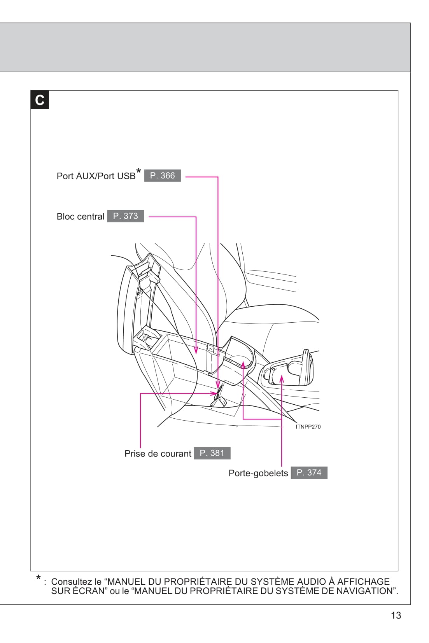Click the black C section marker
click(40, 100)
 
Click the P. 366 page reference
click(162, 176)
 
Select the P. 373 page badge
click(125, 216)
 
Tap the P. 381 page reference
click(212, 453)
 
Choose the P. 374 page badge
click(309, 473)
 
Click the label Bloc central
click(81, 217)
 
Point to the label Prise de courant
click(158, 454)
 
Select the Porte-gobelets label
click(258, 473)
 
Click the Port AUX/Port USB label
click(96, 176)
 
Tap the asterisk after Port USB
click(138, 171)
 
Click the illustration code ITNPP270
click(308, 427)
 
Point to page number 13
click(396, 615)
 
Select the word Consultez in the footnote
click(71, 582)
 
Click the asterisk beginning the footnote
click(39, 578)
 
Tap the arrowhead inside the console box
click(196, 350)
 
